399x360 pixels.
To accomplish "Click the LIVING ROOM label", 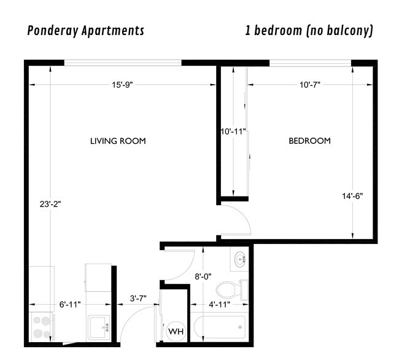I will tap(118, 141).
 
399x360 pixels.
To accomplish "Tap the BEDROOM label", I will tap(309, 141).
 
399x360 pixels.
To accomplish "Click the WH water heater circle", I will tap(176, 332).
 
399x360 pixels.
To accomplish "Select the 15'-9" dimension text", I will tap(122, 85).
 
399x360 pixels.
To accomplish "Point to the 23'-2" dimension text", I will tap(50, 202).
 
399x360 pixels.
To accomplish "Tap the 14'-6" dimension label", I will tap(352, 197).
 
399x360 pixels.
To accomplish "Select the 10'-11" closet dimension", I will tap(233, 131).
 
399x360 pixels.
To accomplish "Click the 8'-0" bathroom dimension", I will tap(203, 276).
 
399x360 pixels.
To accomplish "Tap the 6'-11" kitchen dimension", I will tap(69, 304).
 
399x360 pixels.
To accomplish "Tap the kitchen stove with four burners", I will tap(42, 327).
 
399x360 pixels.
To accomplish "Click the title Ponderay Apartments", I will tap(85, 31).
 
